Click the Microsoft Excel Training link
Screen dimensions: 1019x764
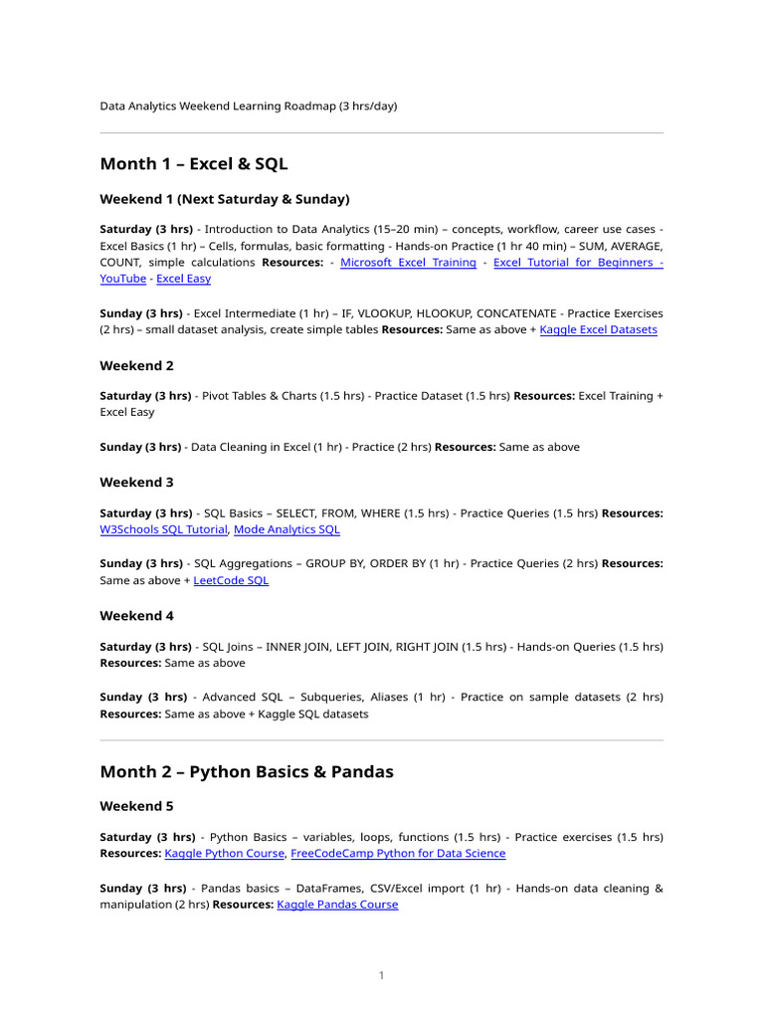coord(408,263)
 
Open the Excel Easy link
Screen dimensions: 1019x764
coord(183,279)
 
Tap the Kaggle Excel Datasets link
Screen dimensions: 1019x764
coord(598,329)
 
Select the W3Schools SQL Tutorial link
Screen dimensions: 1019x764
coord(164,530)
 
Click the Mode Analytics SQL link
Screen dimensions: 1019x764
coord(286,530)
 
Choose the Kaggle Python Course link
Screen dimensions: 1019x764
coord(225,854)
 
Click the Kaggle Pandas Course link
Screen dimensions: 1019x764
coord(337,905)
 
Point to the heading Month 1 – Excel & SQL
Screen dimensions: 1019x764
coord(194,163)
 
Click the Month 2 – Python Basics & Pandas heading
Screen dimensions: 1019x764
coord(247,771)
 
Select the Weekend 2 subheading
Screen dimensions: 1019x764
coord(137,365)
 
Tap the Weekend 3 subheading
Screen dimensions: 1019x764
coord(137,482)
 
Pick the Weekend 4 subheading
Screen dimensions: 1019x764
coord(137,615)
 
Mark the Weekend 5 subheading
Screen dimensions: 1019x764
coord(137,805)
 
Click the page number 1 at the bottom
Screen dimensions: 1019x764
coord(381,976)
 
